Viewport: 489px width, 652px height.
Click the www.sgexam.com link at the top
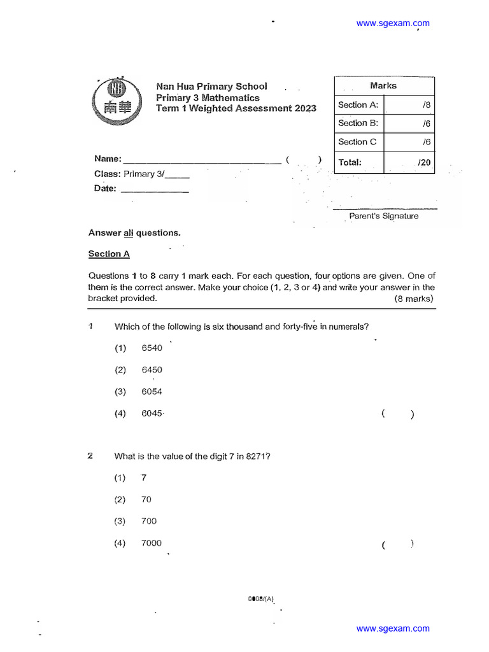(x=392, y=24)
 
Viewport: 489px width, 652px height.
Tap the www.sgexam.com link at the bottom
(x=392, y=628)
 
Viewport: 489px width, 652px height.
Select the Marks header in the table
(x=383, y=85)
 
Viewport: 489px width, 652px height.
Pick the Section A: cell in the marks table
(x=358, y=105)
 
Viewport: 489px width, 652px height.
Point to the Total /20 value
(x=424, y=163)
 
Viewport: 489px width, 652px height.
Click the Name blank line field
(x=201, y=160)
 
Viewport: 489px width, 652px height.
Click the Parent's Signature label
(x=384, y=216)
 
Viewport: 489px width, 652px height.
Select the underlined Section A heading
(x=109, y=254)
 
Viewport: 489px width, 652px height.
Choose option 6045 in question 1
(x=152, y=414)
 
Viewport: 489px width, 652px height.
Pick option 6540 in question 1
(x=152, y=348)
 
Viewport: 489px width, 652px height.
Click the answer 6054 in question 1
(x=152, y=392)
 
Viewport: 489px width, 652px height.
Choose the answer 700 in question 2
(x=149, y=521)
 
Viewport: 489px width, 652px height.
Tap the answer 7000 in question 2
(x=152, y=543)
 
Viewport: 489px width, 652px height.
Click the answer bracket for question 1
(x=398, y=415)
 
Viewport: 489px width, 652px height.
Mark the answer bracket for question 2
(x=398, y=544)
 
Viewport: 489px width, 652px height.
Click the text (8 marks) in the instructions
(x=415, y=299)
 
